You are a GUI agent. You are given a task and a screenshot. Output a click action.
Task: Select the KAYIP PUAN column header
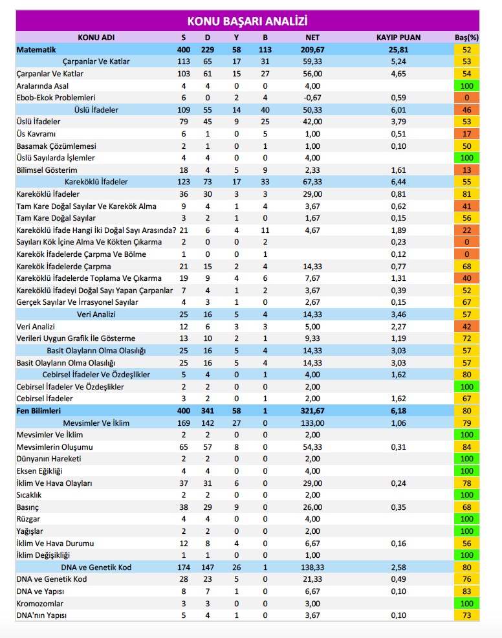pos(398,38)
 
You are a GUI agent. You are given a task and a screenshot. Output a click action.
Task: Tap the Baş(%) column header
pos(466,38)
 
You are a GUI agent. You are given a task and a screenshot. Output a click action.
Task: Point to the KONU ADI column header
pos(96,38)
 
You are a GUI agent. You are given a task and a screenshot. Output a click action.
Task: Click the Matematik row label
pos(36,49)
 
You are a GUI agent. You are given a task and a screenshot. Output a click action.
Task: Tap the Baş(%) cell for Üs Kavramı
pos(466,134)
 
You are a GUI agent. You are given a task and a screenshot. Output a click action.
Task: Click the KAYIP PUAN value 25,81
pos(398,49)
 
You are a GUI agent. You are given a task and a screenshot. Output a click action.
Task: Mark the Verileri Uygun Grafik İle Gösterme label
pos(76,338)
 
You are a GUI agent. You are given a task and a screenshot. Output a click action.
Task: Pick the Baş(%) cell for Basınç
pos(466,507)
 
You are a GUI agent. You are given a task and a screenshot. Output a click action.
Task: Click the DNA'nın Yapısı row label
pos(41,616)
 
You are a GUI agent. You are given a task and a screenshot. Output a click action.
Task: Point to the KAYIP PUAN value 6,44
pos(398,182)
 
